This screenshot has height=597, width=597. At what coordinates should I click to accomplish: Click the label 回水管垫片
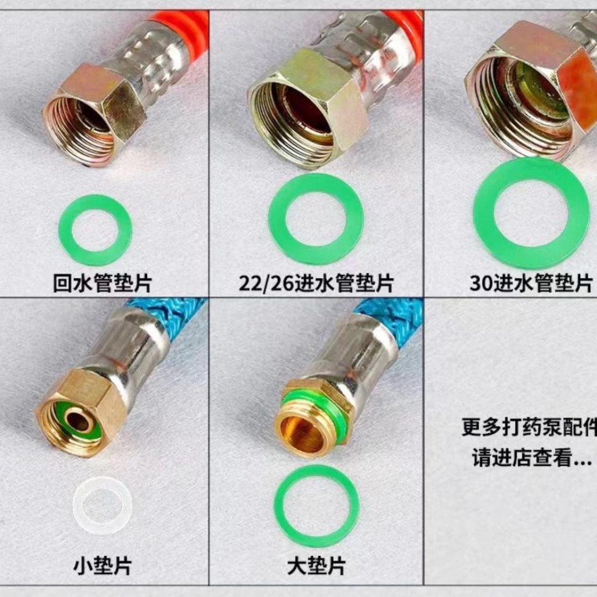pos(102,283)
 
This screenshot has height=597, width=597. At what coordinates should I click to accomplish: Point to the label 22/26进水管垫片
pos(316,283)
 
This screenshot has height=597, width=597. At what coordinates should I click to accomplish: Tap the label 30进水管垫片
pos(531,283)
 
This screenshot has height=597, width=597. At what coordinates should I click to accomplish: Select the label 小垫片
pos(103,565)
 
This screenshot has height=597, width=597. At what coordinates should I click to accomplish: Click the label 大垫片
pos(316,565)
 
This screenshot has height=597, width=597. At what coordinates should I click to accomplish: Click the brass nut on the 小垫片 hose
pos(83,412)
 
